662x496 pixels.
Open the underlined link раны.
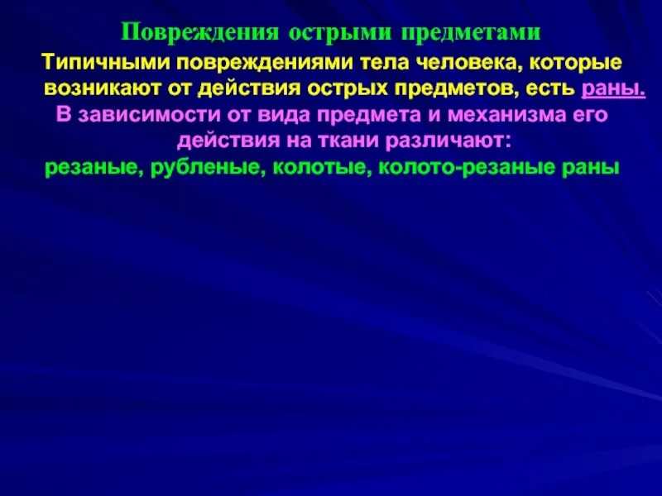[614, 88]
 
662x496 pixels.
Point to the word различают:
[438, 141]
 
